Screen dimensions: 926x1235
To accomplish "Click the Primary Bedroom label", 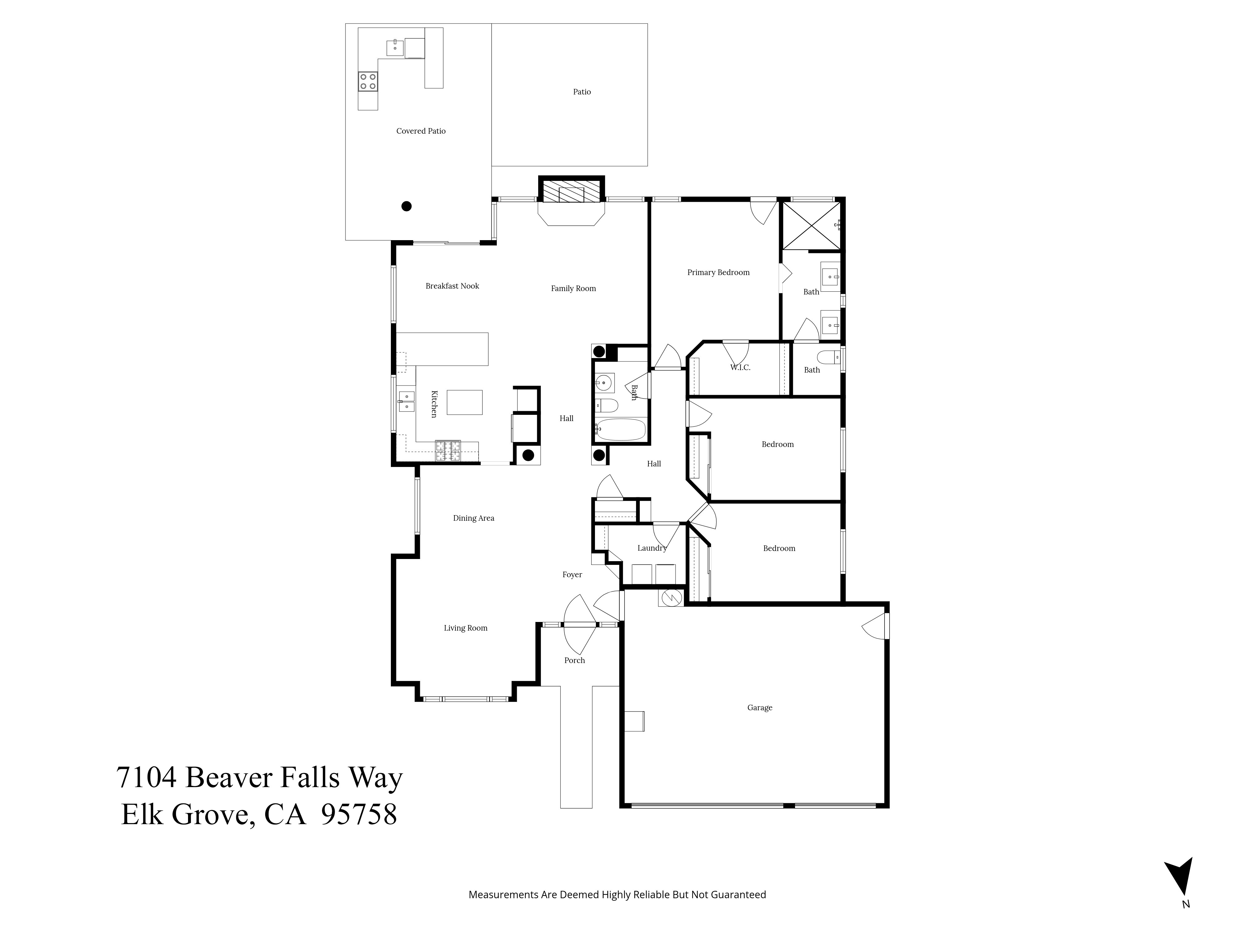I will tap(718, 272).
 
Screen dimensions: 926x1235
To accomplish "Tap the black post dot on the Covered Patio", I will tap(406, 206).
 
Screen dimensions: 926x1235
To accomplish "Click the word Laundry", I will tap(651, 548).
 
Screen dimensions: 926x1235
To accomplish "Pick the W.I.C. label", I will tap(740, 367).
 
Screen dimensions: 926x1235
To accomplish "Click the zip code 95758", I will tap(360, 814).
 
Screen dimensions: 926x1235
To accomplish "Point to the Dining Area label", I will tap(473, 518).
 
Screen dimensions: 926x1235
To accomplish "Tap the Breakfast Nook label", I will tap(452, 286).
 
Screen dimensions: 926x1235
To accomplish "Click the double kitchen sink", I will tap(406, 402).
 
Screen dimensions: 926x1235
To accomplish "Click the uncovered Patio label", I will tap(582, 92).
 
